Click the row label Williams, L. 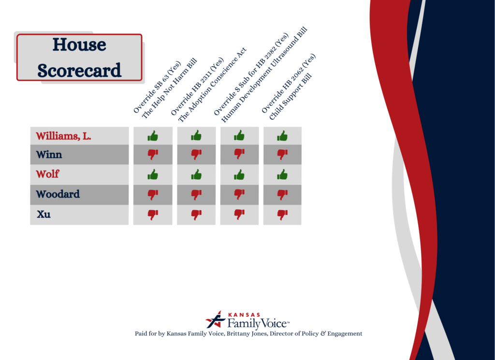63,136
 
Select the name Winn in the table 49,155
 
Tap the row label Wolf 47,174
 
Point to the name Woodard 58,194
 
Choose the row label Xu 44,214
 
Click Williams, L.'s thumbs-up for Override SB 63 153,136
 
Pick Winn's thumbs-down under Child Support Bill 282,154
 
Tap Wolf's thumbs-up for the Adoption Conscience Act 196,174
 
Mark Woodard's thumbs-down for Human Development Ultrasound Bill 239,194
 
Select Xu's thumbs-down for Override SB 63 153,215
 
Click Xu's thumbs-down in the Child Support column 282,215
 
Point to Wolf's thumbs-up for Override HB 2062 282,174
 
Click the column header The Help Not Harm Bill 170,88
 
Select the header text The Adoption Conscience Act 212,85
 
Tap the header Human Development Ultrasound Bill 264,75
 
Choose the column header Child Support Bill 291,97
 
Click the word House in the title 79,44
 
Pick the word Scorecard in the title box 79,71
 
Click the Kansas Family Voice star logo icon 216,319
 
